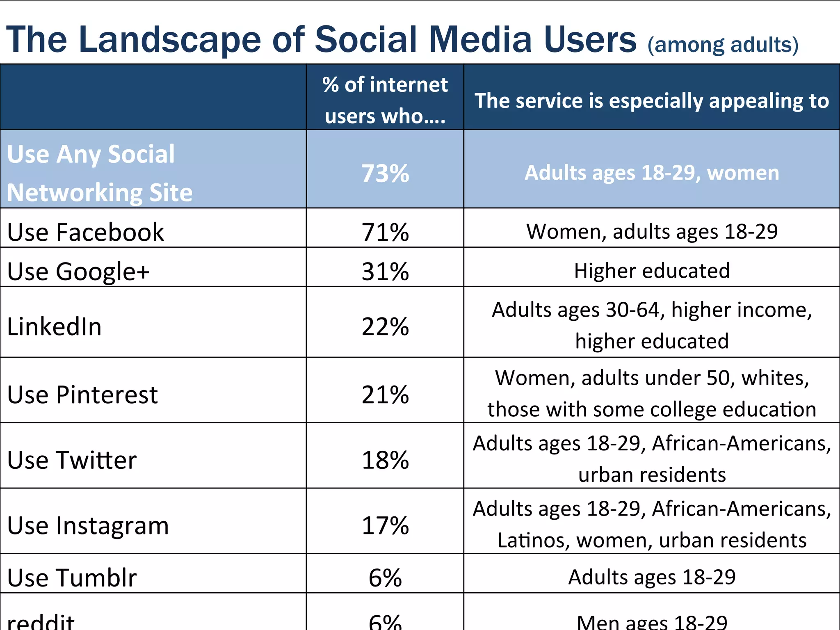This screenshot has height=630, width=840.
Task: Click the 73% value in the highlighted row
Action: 385,173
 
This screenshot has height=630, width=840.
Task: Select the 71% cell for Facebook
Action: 385,232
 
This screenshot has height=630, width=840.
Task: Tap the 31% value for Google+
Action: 385,271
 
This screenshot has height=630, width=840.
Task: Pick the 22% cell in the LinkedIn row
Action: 385,326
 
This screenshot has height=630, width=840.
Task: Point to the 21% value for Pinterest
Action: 385,395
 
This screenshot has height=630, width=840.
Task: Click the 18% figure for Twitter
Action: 385,460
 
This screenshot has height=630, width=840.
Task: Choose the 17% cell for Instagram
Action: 385,525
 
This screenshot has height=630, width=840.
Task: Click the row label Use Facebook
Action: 85,232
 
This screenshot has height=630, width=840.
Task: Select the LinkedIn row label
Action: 54,326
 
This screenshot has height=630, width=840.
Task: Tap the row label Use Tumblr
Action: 72,577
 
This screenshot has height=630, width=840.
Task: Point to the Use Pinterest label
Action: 82,395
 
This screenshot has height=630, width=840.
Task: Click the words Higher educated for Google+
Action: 652,271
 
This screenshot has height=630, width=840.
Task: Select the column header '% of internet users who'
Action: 385,100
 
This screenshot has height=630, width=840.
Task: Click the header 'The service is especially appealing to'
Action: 652,100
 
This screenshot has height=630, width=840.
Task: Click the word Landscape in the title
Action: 169,39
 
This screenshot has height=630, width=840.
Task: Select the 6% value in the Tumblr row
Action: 385,577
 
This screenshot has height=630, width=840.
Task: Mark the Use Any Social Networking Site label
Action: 100,173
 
